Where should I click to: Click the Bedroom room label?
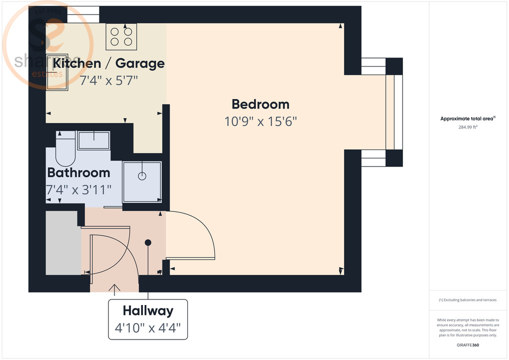260,104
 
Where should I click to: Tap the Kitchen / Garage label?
108,63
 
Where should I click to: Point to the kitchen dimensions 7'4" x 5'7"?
108,80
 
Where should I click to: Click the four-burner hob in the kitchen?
121,36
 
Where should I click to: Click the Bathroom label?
78,172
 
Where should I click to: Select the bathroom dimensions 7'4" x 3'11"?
78,189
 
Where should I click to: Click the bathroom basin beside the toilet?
93,140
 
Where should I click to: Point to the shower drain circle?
142,176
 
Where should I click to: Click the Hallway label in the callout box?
148,311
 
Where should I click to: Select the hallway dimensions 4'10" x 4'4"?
148,328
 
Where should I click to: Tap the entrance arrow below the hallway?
115,288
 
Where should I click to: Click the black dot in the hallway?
148,242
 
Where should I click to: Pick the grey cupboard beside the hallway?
63,243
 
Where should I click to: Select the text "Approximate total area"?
467,118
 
